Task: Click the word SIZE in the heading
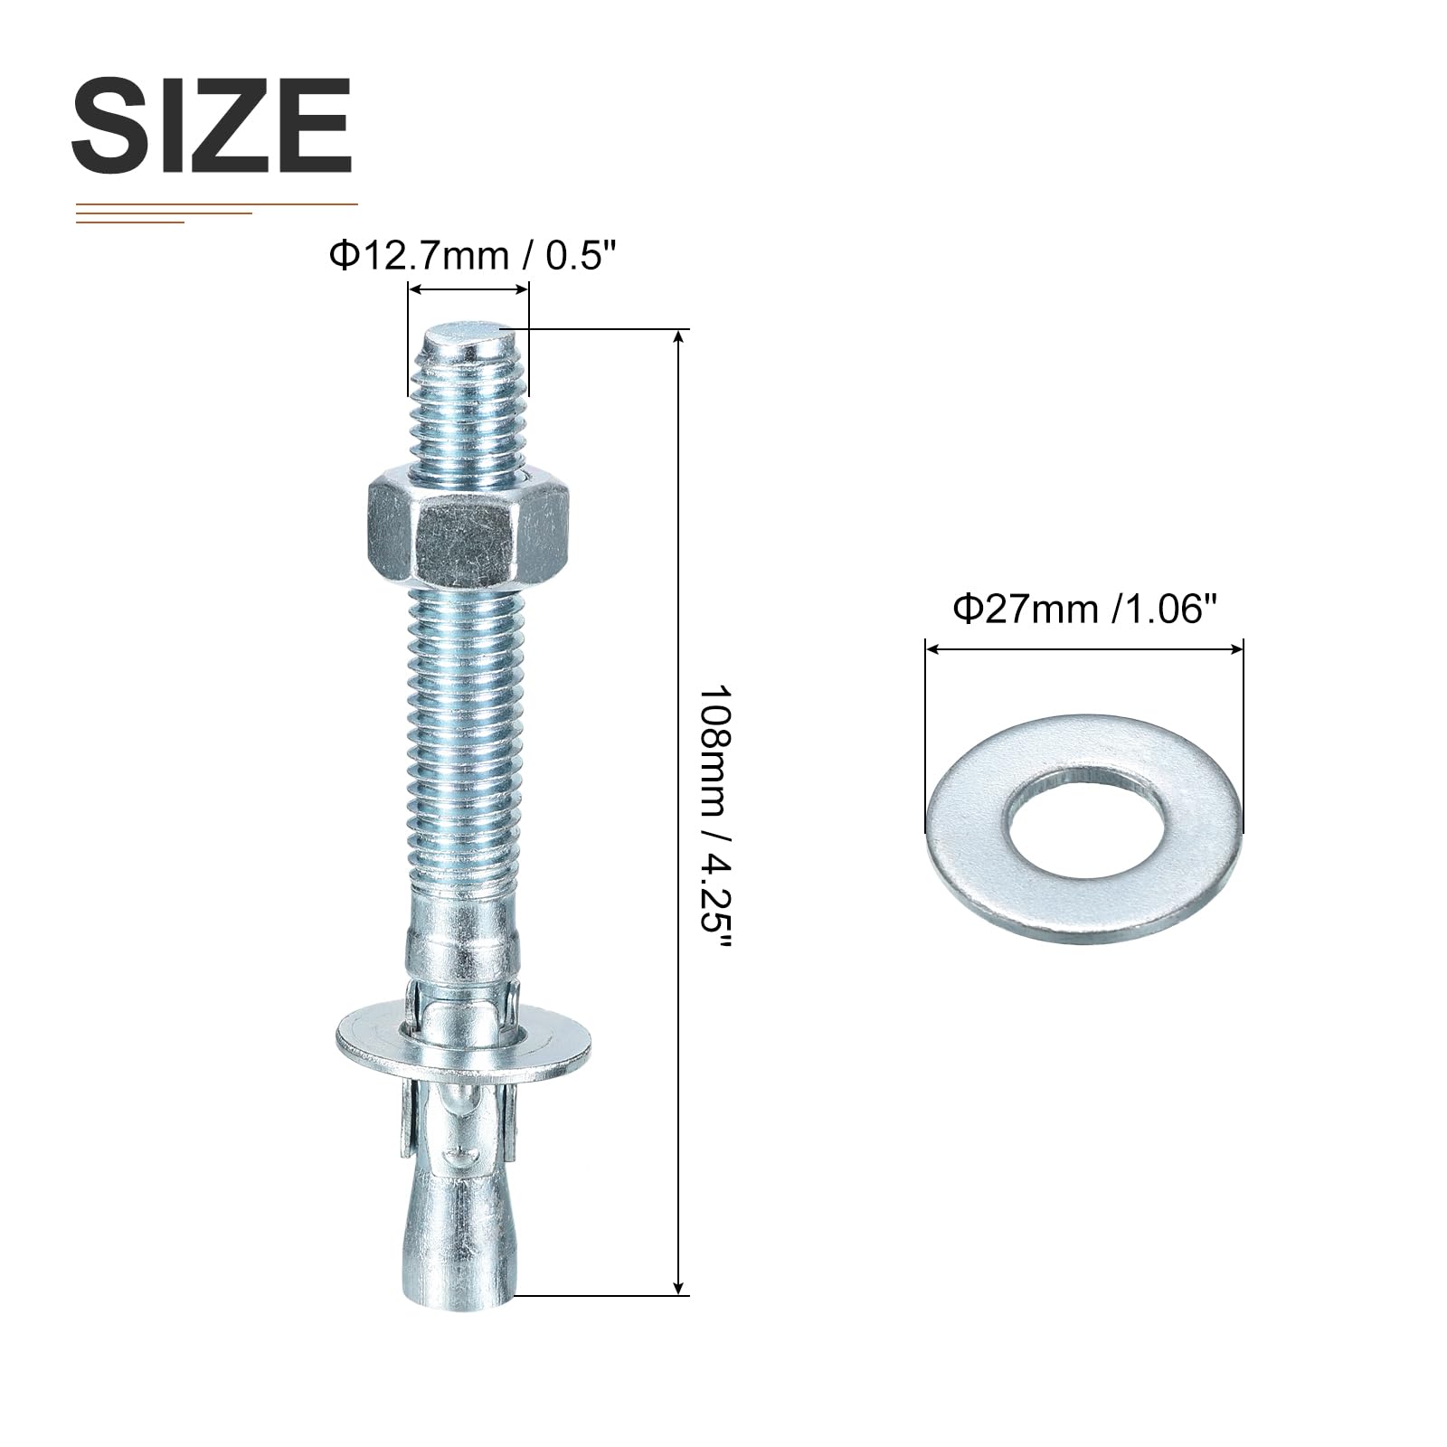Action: tap(212, 126)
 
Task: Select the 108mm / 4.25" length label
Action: tap(714, 813)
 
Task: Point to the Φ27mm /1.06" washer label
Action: tap(1082, 610)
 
